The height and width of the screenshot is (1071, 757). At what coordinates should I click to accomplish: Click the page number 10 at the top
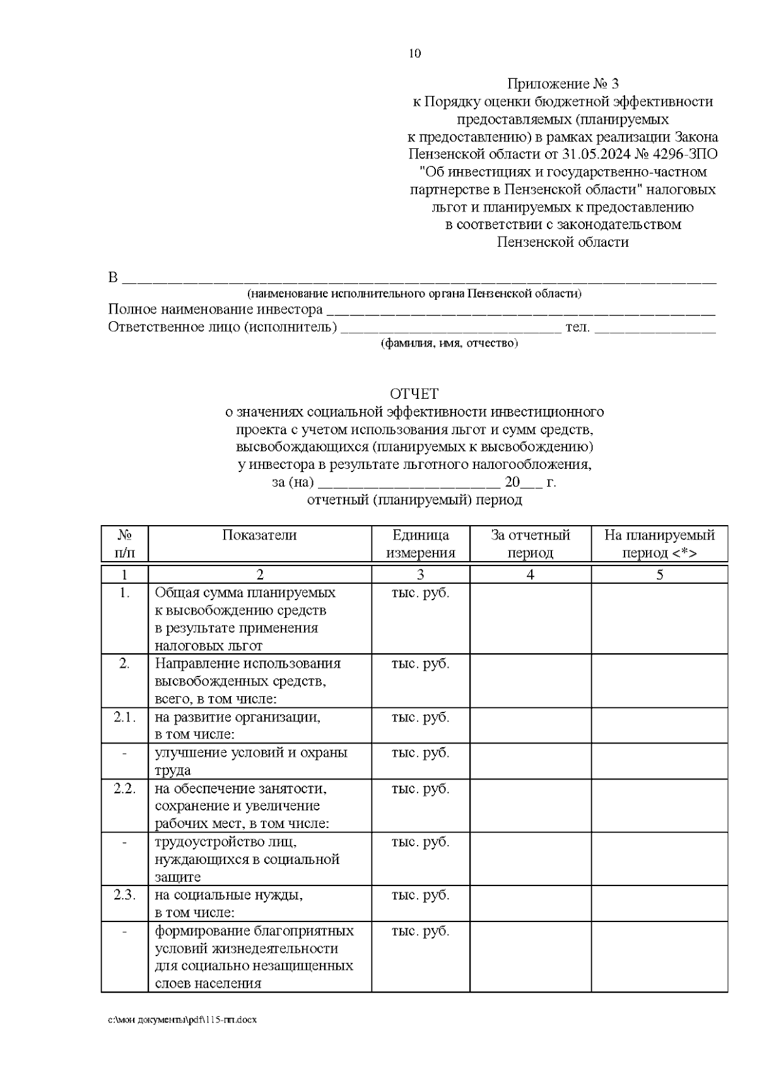click(414, 54)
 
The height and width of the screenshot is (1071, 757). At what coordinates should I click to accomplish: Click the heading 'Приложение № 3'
click(563, 84)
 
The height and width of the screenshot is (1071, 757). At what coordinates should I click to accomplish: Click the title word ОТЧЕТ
click(414, 394)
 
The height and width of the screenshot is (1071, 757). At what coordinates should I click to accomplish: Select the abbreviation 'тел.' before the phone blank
click(577, 327)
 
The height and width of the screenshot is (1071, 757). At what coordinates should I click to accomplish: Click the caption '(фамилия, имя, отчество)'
click(449, 343)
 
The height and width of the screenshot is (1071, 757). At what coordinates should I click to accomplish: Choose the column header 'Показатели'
click(259, 535)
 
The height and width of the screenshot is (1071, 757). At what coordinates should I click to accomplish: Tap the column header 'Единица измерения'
click(420, 543)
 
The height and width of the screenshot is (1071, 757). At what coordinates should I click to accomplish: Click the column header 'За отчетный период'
click(530, 543)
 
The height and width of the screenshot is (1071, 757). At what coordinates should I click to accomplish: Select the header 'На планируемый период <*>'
click(659, 543)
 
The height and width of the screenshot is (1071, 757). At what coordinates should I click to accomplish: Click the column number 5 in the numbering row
click(659, 574)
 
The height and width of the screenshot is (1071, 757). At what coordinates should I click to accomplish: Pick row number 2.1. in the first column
click(124, 717)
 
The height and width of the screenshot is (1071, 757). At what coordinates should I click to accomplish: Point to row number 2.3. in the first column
click(124, 894)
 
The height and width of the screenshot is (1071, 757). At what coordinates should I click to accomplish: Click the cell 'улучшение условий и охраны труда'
click(250, 761)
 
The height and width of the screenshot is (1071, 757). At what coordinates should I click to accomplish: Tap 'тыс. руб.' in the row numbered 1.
click(420, 593)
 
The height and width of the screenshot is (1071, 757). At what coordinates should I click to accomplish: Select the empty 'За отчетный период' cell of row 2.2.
click(530, 805)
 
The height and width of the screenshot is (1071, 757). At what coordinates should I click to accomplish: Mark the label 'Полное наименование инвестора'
click(215, 310)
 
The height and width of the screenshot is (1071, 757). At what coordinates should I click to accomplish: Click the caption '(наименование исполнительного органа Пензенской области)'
click(414, 293)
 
